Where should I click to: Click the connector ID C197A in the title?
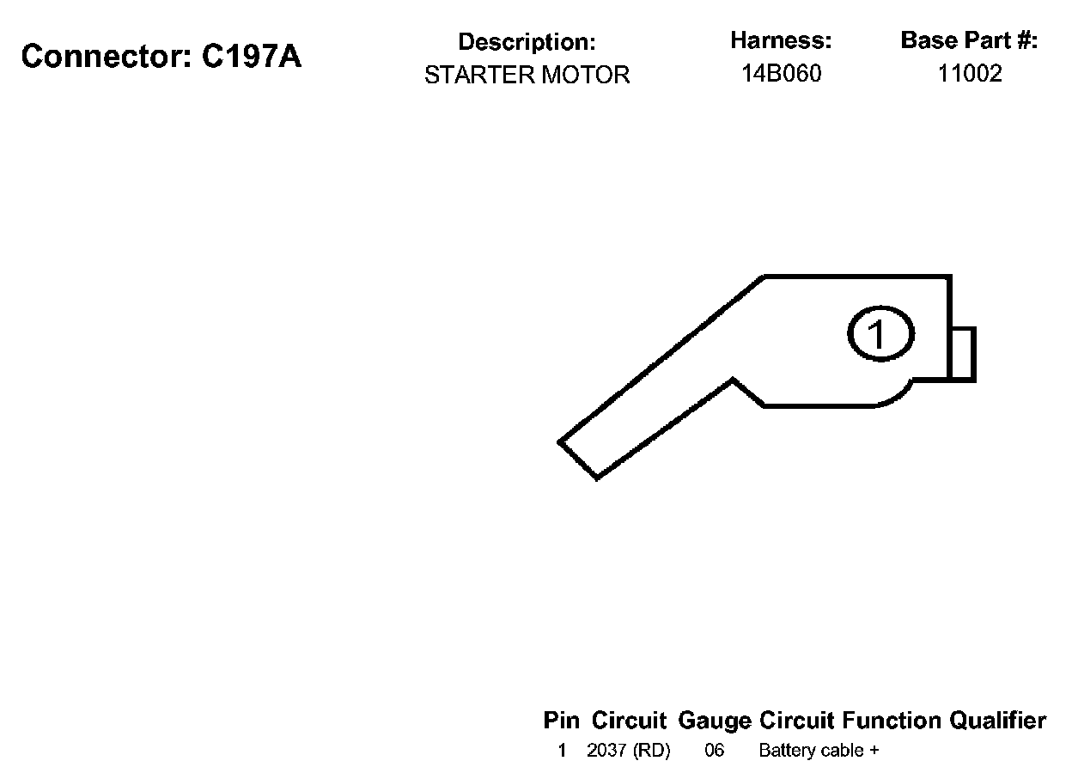coord(252,57)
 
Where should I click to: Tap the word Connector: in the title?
coord(107,57)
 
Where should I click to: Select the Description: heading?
coord(527,42)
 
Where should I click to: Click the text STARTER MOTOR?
coord(527,76)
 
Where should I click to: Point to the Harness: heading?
coord(781,40)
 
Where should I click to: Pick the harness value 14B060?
coord(781,74)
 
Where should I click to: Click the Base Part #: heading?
coord(969,40)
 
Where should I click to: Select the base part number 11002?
coord(969,74)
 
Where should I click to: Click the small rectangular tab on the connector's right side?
coord(963,353)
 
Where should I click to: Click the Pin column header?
coord(562,721)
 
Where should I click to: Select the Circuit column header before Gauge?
coord(629,721)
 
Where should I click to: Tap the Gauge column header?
coord(715,721)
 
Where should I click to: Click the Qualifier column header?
coord(997,721)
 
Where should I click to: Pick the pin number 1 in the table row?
coord(562,751)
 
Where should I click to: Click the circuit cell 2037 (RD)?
coord(628,751)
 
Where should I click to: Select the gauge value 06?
coord(715,751)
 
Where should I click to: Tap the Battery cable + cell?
coord(819,751)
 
